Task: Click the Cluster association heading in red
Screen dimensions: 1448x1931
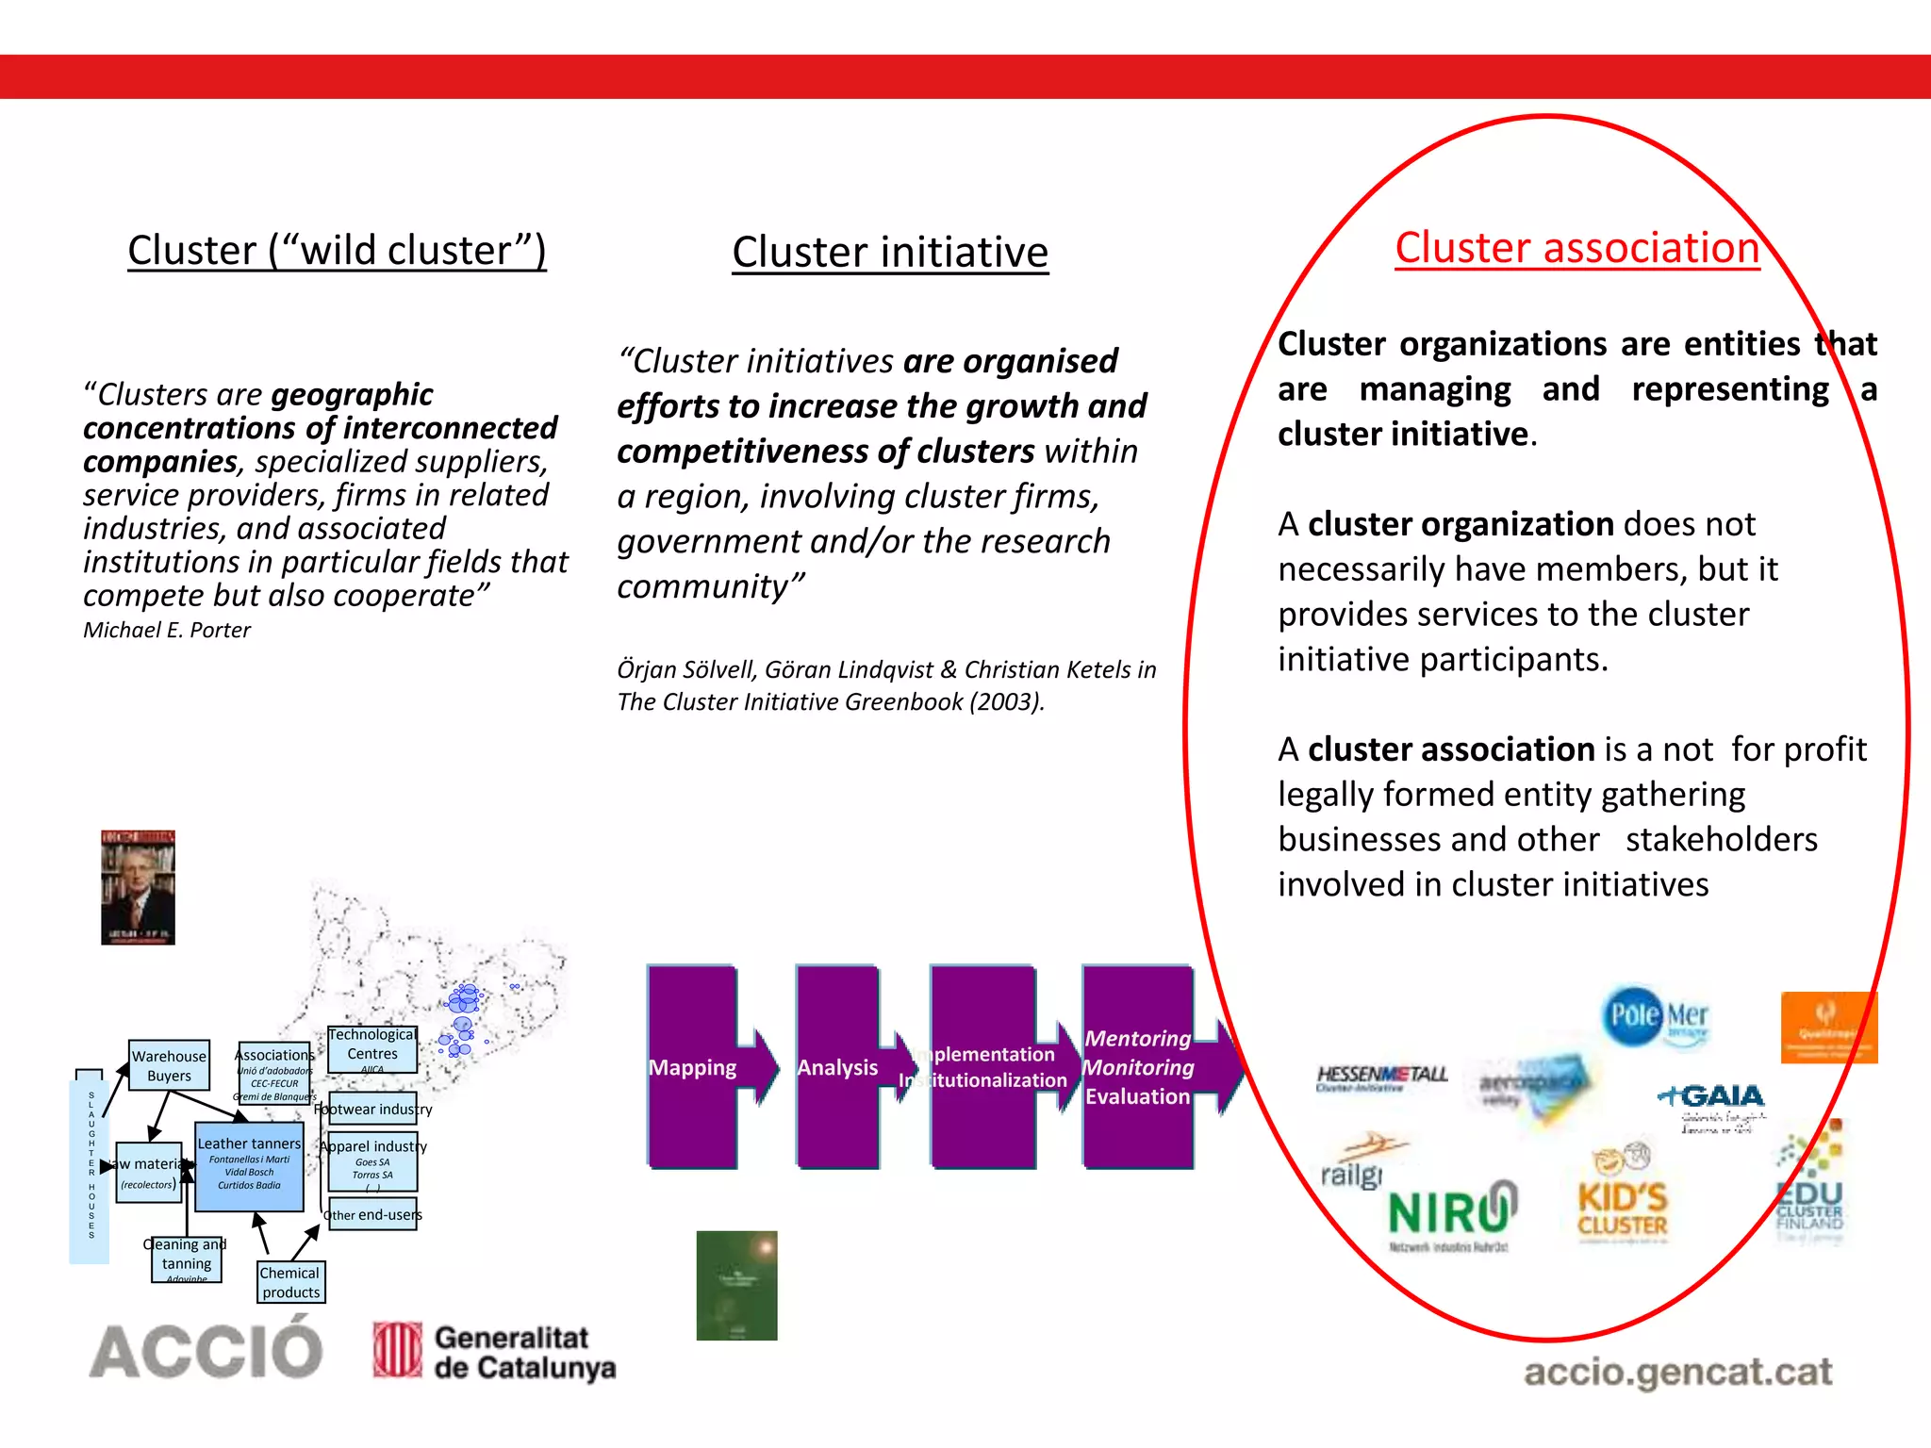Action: point(1576,248)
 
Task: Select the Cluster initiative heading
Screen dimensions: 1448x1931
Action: point(889,252)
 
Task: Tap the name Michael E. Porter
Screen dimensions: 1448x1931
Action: point(167,630)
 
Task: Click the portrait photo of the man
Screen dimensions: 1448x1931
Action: point(138,887)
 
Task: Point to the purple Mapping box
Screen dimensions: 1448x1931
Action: point(693,1066)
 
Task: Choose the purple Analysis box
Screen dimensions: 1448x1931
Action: point(837,1066)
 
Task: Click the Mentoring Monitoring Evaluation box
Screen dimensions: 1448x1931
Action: point(1138,1066)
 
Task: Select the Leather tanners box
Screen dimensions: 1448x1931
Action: point(249,1166)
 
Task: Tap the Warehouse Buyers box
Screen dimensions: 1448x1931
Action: point(169,1065)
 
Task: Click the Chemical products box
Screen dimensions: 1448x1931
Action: point(290,1282)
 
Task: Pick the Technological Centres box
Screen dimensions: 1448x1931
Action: point(372,1049)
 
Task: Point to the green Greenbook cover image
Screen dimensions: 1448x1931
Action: point(736,1285)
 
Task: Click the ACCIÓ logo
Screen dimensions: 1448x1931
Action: point(206,1351)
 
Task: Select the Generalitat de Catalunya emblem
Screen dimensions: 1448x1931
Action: point(397,1350)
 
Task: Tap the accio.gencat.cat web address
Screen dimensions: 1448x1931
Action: point(1677,1372)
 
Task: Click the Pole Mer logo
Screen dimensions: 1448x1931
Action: point(1656,1016)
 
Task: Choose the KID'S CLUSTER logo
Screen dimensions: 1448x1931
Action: point(1622,1197)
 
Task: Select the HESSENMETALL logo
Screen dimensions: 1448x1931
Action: point(1381,1077)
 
